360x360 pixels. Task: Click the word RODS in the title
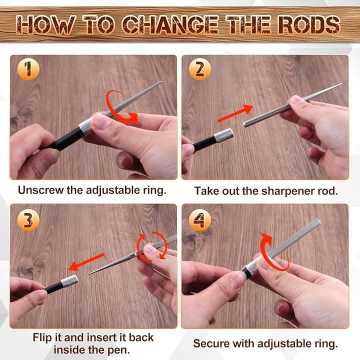[x=308, y=24]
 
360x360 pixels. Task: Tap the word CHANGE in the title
[x=169, y=24]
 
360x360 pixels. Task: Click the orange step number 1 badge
[x=28, y=69]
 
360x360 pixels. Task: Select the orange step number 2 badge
[x=199, y=69]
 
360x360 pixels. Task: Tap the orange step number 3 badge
[x=28, y=219]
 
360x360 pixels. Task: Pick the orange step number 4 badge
[x=199, y=219]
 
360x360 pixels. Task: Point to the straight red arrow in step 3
[x=86, y=262]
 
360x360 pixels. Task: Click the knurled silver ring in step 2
[x=223, y=136]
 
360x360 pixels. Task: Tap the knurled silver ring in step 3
[x=69, y=281]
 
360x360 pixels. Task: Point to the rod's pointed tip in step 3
[x=89, y=274]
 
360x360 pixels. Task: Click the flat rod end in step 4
[x=317, y=221]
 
